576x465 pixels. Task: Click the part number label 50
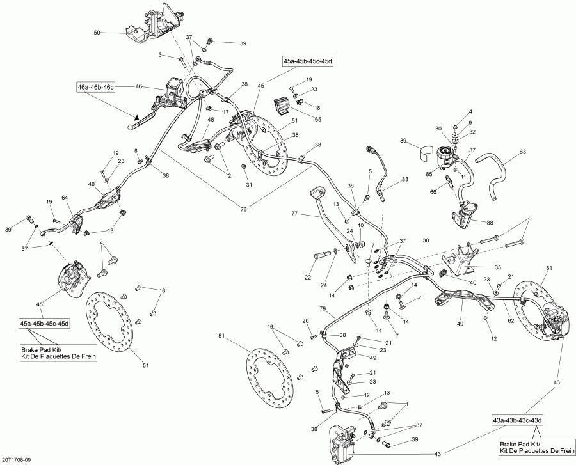pos(97,32)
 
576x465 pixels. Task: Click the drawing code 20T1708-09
pos(20,459)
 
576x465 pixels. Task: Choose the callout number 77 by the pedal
pos(295,214)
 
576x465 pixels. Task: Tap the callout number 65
pos(318,119)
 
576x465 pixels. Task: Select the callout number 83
pos(404,180)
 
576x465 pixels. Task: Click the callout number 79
pos(323,310)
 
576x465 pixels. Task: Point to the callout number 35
pos(497,267)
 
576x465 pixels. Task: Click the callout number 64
pos(65,198)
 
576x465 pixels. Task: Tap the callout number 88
pos(491,222)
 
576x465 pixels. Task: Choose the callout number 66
pos(433,191)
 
